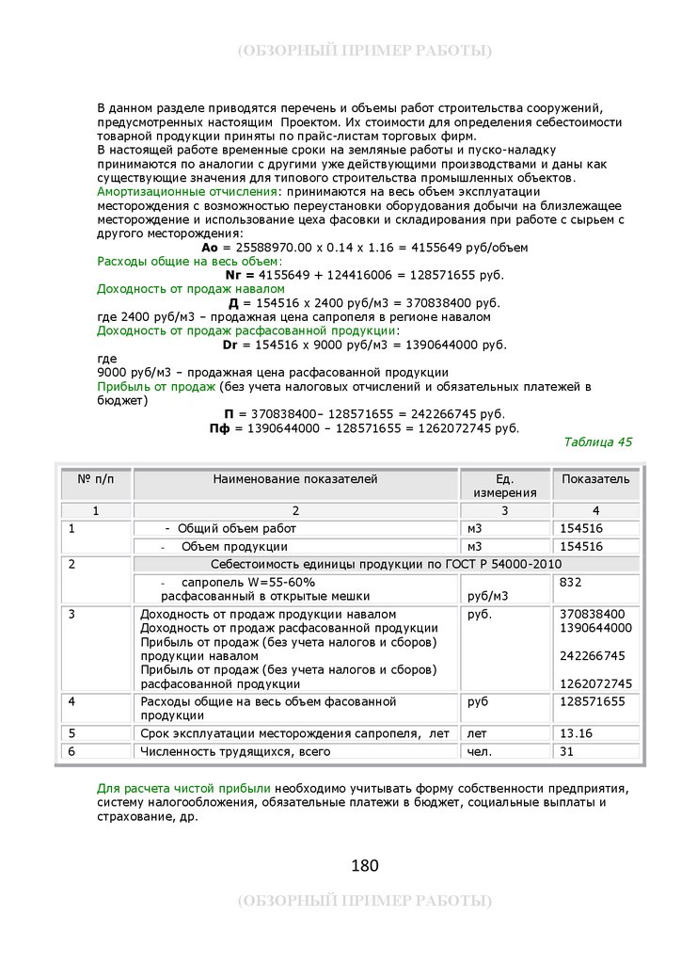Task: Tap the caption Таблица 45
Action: [x=597, y=442]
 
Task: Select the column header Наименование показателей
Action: [x=294, y=479]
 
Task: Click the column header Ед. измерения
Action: [x=505, y=486]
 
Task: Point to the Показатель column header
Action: [x=595, y=479]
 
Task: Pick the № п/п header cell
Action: [x=95, y=479]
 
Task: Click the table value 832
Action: [x=570, y=583]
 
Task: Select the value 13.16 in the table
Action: [x=576, y=733]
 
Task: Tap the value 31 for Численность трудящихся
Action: [x=566, y=751]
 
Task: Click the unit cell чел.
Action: [x=479, y=751]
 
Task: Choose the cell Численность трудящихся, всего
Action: [x=235, y=751]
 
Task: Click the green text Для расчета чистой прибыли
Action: [x=183, y=788]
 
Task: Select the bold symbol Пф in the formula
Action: [x=219, y=428]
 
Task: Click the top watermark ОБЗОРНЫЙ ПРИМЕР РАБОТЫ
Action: [x=364, y=50]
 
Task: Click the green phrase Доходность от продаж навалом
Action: [x=190, y=288]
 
